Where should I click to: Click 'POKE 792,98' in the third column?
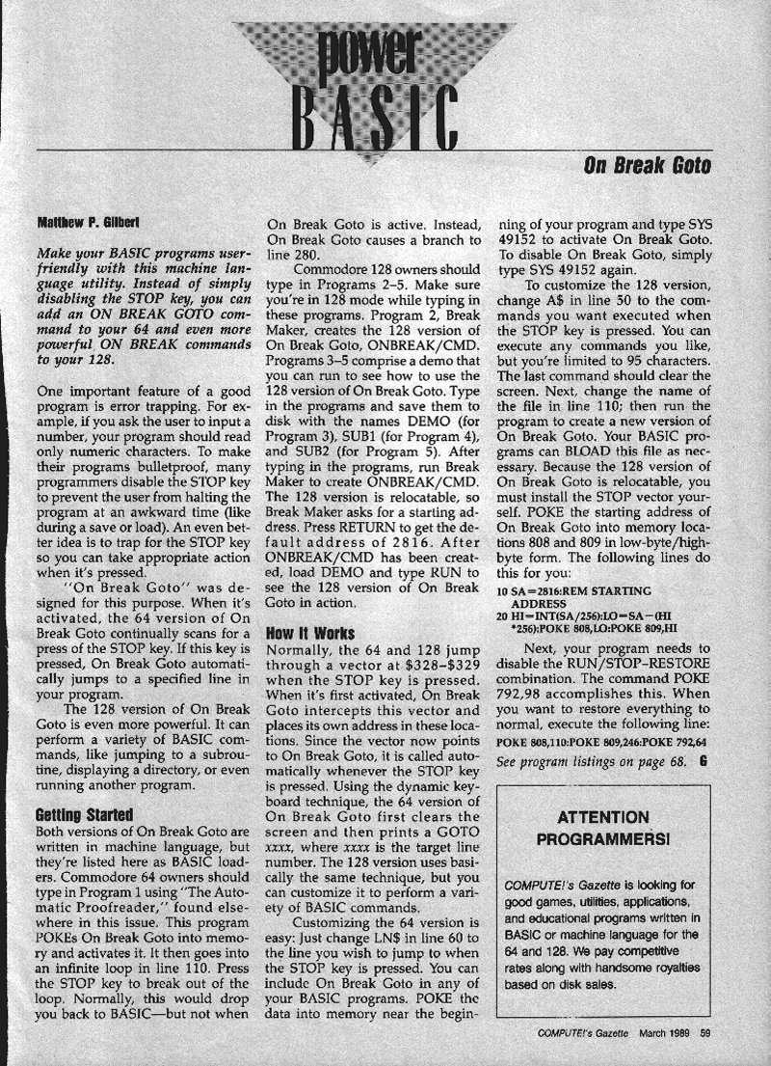[560, 697]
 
